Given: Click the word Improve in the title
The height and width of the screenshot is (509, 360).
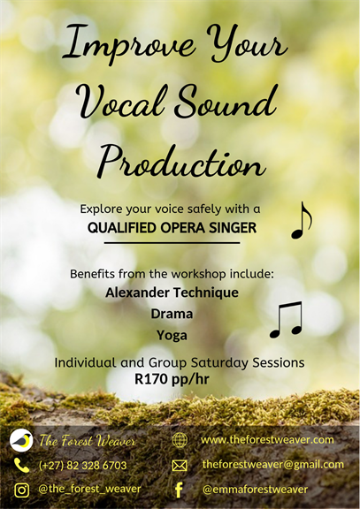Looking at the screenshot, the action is [x=128, y=43].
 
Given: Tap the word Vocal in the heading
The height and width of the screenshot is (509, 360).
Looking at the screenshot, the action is [x=122, y=101].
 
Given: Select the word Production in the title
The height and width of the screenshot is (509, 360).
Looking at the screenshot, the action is [x=181, y=161].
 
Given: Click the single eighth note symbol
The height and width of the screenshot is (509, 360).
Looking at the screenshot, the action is [x=302, y=220].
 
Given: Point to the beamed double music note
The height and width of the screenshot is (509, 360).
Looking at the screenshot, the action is [x=286, y=320].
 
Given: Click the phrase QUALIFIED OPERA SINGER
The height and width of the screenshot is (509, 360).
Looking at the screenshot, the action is [x=172, y=228].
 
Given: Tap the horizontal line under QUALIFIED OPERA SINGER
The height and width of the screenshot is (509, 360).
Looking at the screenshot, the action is [x=172, y=242].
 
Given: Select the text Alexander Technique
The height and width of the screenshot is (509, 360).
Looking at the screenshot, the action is [x=172, y=292].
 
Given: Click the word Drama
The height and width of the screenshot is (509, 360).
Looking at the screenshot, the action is [x=172, y=314].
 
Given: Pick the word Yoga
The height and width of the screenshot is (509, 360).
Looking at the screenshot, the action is [x=172, y=335].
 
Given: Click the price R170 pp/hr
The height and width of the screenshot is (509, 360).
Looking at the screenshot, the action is [x=172, y=379].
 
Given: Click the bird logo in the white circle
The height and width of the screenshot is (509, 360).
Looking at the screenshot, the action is [x=21, y=440].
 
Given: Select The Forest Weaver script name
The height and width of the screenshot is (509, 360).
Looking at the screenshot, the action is [x=87, y=441].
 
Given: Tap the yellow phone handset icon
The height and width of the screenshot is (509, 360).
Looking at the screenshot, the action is [x=21, y=466].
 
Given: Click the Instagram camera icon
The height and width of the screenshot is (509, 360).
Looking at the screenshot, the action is [x=21, y=490].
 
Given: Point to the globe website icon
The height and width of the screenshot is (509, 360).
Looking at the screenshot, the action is [x=180, y=440].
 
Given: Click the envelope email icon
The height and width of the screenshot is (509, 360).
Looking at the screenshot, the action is [x=180, y=466].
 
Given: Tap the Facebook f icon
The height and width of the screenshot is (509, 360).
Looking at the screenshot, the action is [x=179, y=490].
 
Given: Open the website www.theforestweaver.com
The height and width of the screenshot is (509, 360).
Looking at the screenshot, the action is [x=267, y=440].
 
